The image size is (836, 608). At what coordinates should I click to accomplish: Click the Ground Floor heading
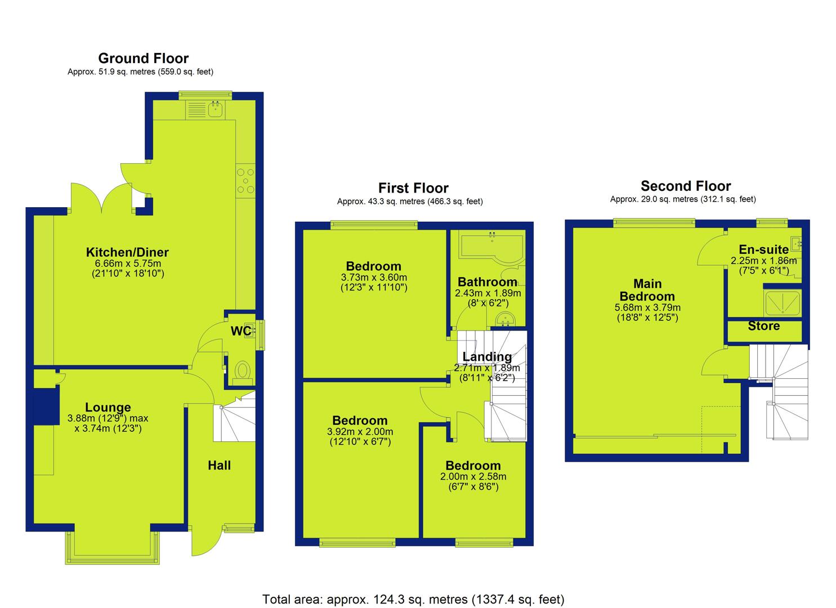pyautogui.click(x=144, y=58)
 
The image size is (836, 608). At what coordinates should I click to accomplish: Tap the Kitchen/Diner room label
pyautogui.click(x=127, y=252)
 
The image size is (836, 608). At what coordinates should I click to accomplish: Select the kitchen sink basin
pyautogui.click(x=216, y=109)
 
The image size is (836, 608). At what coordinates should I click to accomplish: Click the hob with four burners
pyautogui.click(x=245, y=181)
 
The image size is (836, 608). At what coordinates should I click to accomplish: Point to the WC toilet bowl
pyautogui.click(x=243, y=370)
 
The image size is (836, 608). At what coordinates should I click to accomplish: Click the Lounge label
pyautogui.click(x=108, y=407)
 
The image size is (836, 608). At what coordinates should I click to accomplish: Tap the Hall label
pyautogui.click(x=219, y=465)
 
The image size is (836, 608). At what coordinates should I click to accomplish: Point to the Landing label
pyautogui.click(x=487, y=356)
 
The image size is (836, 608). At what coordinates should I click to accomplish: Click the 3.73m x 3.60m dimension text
pyautogui.click(x=374, y=278)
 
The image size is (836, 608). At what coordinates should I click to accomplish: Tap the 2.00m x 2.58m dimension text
pyautogui.click(x=473, y=476)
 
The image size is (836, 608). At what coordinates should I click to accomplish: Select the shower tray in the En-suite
pyautogui.click(x=782, y=302)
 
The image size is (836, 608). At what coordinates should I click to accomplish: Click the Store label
pyautogui.click(x=763, y=326)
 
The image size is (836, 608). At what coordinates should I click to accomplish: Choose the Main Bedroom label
pyautogui.click(x=647, y=290)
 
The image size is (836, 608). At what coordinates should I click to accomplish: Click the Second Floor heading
pyautogui.click(x=686, y=186)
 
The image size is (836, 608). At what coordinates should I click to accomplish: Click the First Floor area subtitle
pyautogui.click(x=410, y=202)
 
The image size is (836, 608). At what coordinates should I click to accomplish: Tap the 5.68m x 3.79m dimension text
pyautogui.click(x=647, y=307)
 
